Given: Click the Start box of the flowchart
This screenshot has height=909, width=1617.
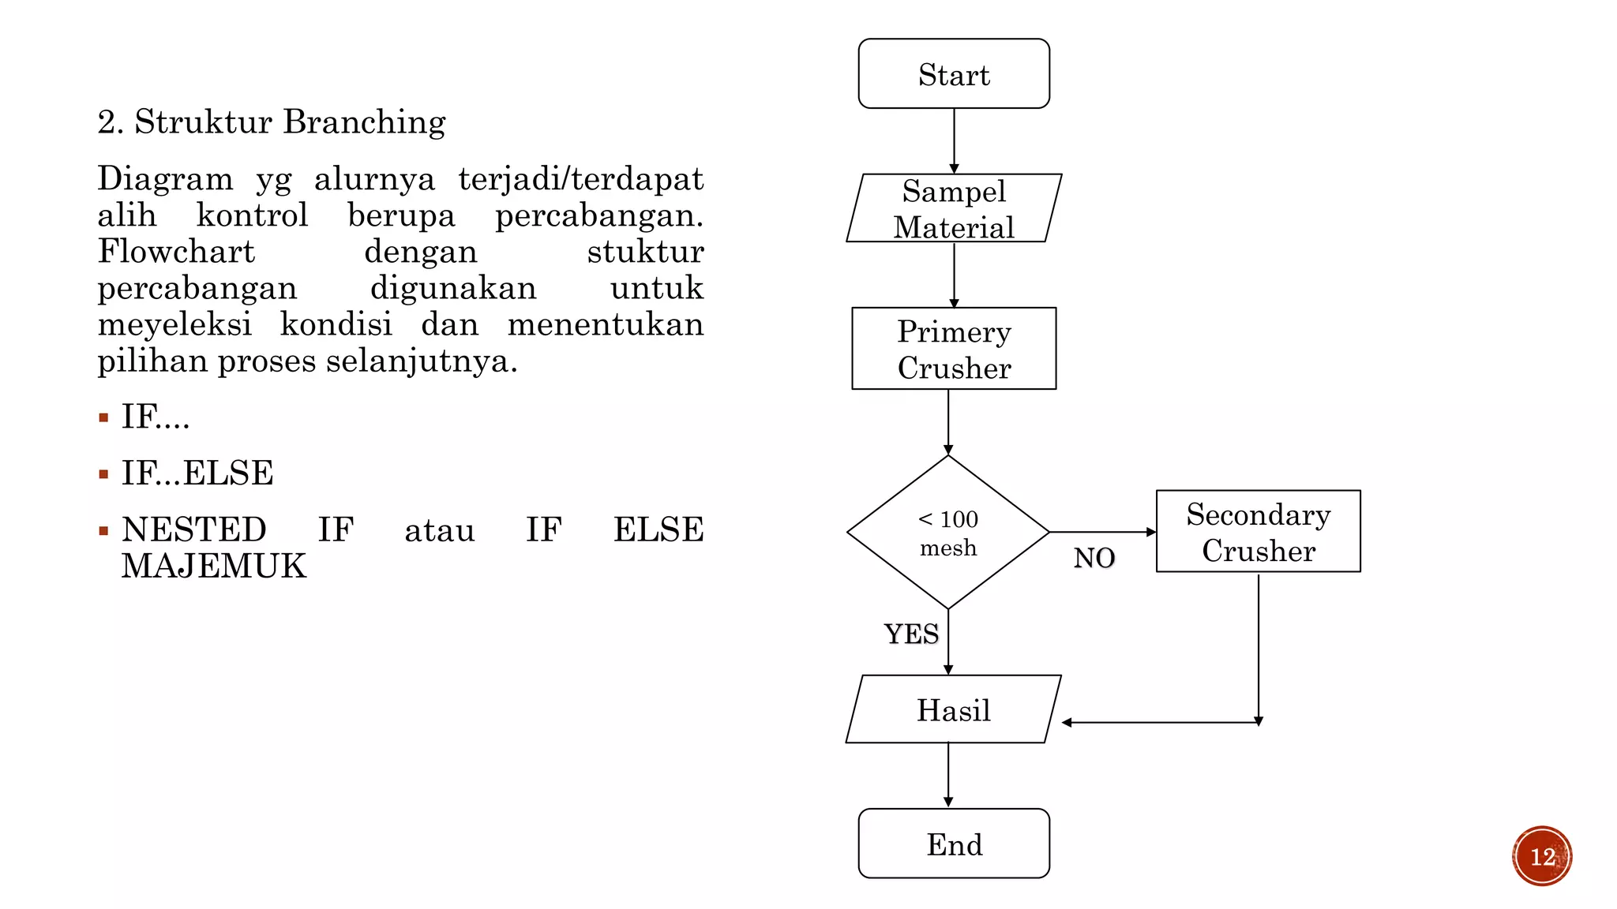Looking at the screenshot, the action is coord(954,73).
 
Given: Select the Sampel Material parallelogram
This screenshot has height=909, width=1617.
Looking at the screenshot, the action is coord(954,208).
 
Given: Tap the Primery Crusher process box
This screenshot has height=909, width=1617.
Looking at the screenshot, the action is coord(954,348).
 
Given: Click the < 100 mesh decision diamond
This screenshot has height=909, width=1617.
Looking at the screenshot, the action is coord(948,532).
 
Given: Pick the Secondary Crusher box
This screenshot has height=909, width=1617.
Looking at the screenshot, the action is coord(1259,531).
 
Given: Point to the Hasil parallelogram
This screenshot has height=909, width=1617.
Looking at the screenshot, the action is coord(954,709).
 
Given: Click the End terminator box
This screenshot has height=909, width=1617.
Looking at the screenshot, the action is coord(954,843).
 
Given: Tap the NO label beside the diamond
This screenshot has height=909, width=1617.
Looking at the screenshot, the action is coord(1094,559).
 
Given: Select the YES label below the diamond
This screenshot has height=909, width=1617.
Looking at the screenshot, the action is coord(912,634).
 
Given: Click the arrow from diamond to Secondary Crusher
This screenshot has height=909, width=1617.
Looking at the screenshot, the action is coord(1103,532).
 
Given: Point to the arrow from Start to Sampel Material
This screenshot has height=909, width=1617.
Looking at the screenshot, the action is coord(954,140).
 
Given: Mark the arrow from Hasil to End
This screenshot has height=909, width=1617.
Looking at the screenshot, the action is coord(948,775).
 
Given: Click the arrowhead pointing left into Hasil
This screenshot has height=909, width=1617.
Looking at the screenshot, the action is coord(1067,722).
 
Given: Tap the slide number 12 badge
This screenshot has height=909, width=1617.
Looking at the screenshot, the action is coord(1542,856).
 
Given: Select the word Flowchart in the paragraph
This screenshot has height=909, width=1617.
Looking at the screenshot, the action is coord(176,252).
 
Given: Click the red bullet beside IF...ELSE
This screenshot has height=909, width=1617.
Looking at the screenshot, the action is coord(103,474).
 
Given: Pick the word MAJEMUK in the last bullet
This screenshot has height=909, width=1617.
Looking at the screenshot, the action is coord(214,567).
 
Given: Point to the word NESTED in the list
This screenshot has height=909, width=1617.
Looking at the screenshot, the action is coord(194,529).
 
